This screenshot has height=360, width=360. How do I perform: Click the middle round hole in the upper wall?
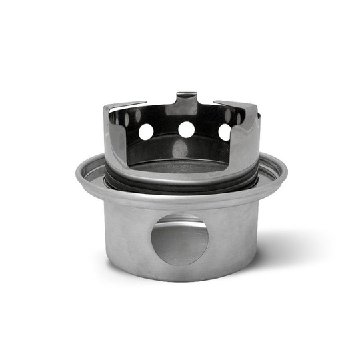(187, 129)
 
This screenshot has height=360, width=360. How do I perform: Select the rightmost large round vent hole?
(225, 132)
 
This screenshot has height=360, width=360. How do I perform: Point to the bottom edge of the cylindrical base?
(180, 278)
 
